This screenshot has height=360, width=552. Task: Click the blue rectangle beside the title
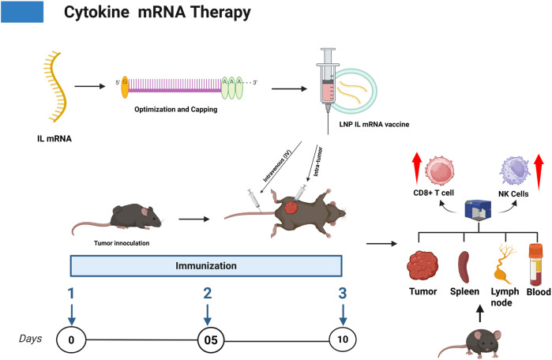22,12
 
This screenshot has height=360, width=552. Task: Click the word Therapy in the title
221,13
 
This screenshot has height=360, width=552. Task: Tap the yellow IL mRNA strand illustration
55,87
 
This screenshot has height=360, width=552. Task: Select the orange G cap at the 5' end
125,87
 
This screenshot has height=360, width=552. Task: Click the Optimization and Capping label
175,110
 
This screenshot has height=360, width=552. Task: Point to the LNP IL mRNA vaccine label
374,124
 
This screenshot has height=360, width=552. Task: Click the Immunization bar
206,266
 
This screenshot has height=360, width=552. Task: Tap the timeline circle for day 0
71,340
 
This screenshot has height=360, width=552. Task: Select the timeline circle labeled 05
211,340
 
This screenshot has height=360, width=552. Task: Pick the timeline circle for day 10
343,339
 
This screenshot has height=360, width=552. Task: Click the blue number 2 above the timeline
208,293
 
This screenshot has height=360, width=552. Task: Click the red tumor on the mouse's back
291,207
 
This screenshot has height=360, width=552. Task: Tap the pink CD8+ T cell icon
439,171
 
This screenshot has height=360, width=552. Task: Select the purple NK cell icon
515,171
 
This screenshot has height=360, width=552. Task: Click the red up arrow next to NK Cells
539,172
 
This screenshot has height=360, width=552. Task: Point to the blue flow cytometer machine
478,210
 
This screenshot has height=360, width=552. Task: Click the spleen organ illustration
464,267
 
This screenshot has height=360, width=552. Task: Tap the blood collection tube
535,264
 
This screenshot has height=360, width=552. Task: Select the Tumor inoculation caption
122,243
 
